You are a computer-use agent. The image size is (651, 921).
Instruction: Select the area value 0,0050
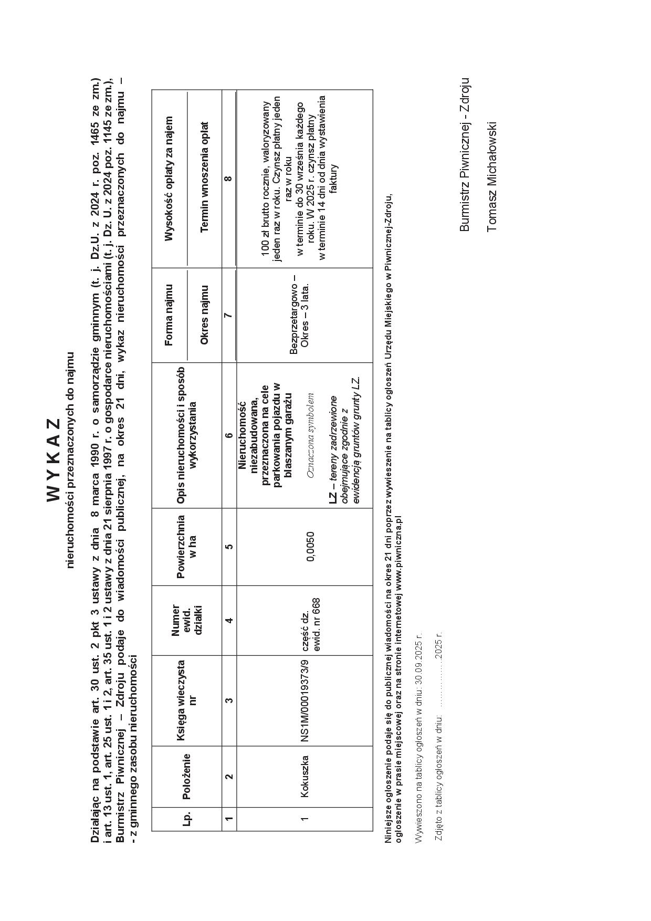(311, 546)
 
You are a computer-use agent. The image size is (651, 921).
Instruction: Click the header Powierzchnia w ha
(186, 546)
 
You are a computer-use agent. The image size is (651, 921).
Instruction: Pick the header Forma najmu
(169, 315)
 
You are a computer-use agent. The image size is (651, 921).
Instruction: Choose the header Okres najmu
(204, 315)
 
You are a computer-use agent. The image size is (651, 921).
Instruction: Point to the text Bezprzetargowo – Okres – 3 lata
(300, 315)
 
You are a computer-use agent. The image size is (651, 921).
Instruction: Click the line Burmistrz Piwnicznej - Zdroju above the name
(464, 155)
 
